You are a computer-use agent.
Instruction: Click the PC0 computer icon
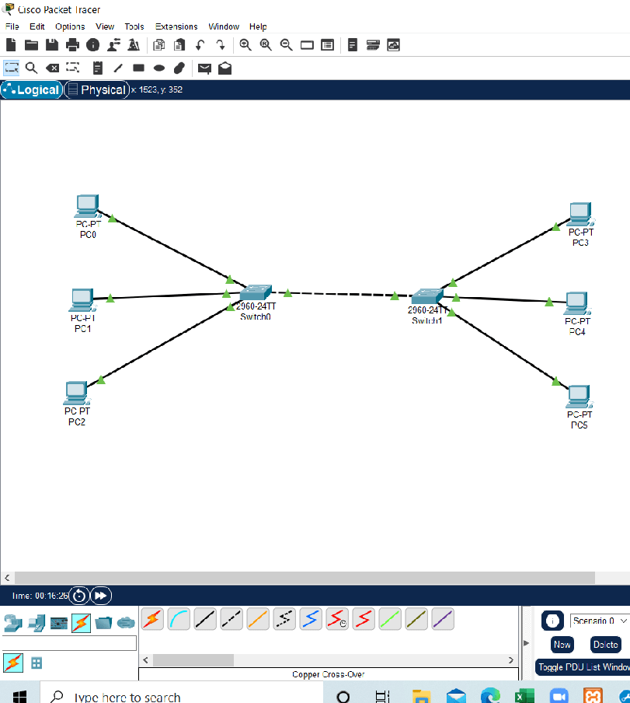tap(87, 206)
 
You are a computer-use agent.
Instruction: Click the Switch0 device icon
tap(255, 293)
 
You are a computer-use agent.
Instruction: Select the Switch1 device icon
tap(426, 296)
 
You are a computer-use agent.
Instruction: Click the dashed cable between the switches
tap(342, 294)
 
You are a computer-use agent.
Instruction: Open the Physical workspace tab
tap(97, 89)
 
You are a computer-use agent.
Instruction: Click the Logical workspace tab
tap(32, 89)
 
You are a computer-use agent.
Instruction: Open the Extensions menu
tap(176, 26)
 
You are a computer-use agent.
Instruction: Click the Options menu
tap(70, 26)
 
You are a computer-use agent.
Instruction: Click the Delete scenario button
tap(605, 644)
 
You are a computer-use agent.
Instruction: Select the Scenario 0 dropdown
tap(599, 621)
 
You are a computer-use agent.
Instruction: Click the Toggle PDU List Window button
tap(583, 667)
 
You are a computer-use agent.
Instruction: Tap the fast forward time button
tap(101, 596)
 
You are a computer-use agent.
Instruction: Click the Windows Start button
tap(19, 694)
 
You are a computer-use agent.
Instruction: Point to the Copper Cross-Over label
tap(328, 674)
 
